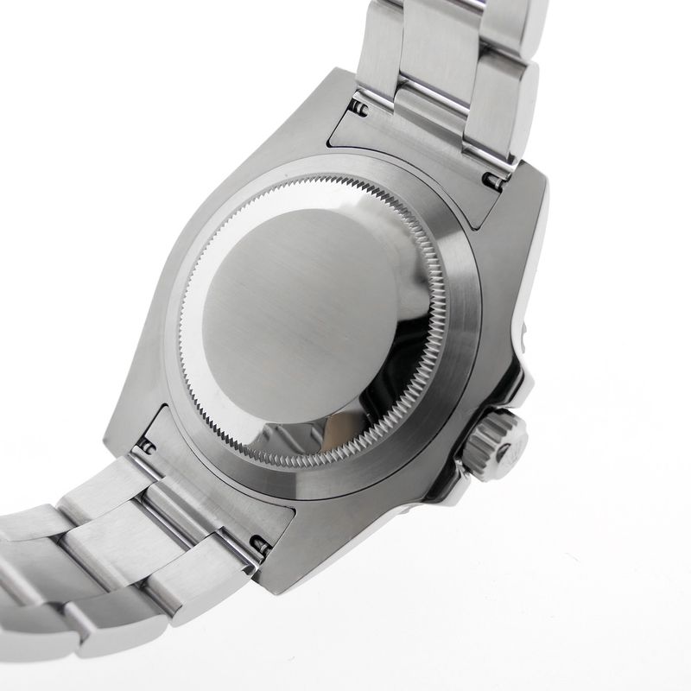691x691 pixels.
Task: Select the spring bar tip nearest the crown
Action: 493,182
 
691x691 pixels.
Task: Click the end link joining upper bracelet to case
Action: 415,151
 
